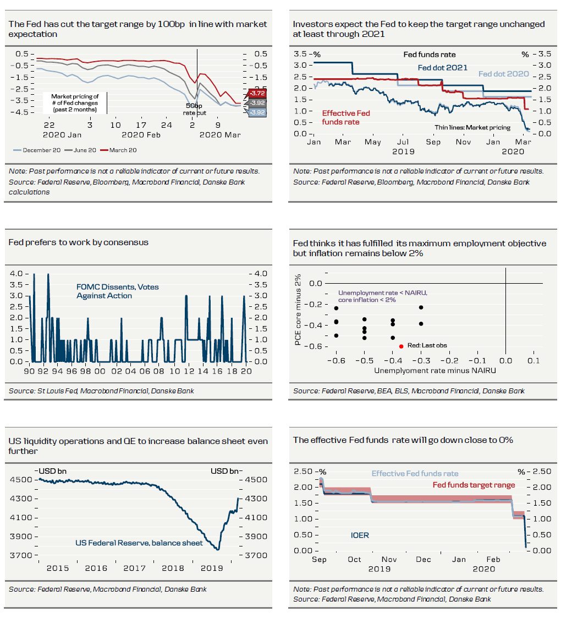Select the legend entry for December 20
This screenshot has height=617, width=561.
[33, 150]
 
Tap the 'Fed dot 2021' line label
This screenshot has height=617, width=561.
[442, 68]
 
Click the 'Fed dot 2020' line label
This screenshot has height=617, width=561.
[503, 74]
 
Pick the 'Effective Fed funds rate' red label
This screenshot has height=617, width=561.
[346, 117]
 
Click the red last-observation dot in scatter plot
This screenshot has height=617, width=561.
[401, 346]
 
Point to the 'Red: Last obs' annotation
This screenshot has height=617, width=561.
[427, 346]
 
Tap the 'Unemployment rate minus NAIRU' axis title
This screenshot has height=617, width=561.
[435, 371]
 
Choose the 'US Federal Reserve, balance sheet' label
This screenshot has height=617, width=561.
[139, 543]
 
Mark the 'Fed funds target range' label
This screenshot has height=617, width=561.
[474, 485]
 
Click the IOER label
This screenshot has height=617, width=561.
[360, 535]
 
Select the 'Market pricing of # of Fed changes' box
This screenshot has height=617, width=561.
[75, 103]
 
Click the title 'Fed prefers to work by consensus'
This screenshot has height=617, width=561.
[79, 242]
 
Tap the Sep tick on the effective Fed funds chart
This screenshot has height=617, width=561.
[319, 560]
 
